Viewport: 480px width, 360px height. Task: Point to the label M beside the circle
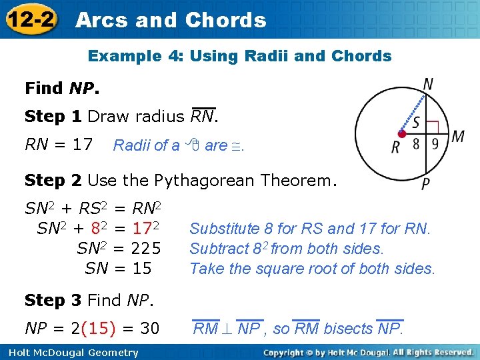[x=458, y=137]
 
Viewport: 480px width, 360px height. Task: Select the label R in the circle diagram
[x=395, y=147]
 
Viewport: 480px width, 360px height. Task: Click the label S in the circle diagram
[x=416, y=124]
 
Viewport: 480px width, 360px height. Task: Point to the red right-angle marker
[x=432, y=127]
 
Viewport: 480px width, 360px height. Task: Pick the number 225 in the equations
[x=145, y=249]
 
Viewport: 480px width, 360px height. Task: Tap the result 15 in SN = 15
[x=141, y=269]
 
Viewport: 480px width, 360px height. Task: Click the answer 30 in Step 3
[x=150, y=328]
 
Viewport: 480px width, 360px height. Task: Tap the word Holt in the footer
[x=18, y=353]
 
